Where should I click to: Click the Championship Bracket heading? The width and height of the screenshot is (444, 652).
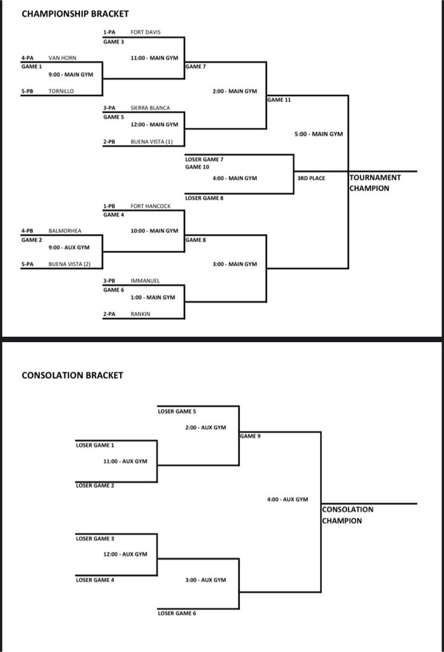[75, 13]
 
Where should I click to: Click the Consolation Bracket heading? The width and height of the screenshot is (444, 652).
[73, 375]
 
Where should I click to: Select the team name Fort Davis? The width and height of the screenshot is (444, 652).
[145, 32]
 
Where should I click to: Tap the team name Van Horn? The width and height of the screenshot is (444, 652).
[62, 58]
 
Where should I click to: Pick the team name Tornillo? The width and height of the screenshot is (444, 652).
[61, 91]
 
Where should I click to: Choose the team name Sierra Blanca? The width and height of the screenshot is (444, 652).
[150, 108]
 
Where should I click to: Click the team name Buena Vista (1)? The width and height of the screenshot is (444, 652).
[151, 141]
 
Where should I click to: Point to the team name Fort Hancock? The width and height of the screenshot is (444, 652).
[150, 206]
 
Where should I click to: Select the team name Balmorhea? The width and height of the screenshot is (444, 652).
[65, 231]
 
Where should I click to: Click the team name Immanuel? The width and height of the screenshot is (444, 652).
[145, 280]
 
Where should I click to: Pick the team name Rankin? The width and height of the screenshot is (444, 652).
[140, 313]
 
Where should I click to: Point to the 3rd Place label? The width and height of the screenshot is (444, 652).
[310, 178]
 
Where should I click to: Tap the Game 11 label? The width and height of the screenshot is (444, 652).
[279, 100]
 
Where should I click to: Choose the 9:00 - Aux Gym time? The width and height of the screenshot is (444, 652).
[69, 247]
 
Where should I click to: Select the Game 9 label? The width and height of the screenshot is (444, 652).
[250, 436]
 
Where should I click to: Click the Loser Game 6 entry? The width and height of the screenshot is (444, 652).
[177, 613]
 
